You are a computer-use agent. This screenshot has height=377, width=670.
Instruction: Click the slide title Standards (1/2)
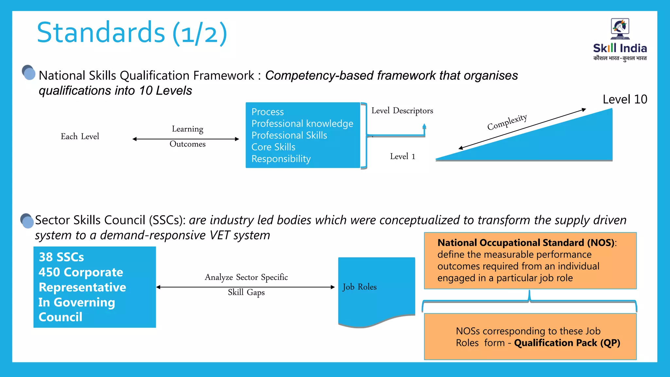pyautogui.click(x=132, y=33)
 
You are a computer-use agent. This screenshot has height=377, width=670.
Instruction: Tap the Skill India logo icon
pyautogui.click(x=620, y=29)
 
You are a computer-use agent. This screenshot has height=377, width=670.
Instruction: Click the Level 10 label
pyautogui.click(x=625, y=99)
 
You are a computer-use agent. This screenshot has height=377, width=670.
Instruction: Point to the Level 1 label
pyautogui.click(x=402, y=156)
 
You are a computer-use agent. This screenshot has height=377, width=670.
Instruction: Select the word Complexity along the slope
pyautogui.click(x=507, y=122)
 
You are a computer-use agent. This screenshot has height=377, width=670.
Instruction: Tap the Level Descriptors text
pyautogui.click(x=402, y=111)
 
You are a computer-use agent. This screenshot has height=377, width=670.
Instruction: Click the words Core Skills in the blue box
pyautogui.click(x=273, y=147)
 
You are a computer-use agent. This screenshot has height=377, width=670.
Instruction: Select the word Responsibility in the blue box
pyautogui.click(x=281, y=159)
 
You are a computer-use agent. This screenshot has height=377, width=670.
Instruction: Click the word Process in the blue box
pyautogui.click(x=268, y=112)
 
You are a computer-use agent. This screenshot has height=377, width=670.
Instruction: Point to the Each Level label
pyautogui.click(x=80, y=136)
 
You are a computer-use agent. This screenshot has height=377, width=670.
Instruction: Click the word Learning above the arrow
pyautogui.click(x=187, y=129)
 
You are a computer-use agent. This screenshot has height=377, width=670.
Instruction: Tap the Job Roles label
pyautogui.click(x=360, y=287)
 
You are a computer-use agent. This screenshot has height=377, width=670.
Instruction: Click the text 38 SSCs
pyautogui.click(x=61, y=257)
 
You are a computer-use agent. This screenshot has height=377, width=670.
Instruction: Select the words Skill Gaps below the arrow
pyautogui.click(x=246, y=292)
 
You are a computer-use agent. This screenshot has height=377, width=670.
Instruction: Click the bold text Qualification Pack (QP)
pyautogui.click(x=567, y=343)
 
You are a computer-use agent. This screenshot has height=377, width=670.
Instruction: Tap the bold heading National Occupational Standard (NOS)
pyautogui.click(x=526, y=242)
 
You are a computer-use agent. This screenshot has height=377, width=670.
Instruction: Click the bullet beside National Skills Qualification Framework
pyautogui.click(x=29, y=73)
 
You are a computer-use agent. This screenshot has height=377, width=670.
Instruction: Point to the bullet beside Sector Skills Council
pyautogui.click(x=27, y=221)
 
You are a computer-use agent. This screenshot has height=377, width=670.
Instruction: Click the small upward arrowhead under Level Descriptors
pyautogui.click(x=424, y=126)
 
